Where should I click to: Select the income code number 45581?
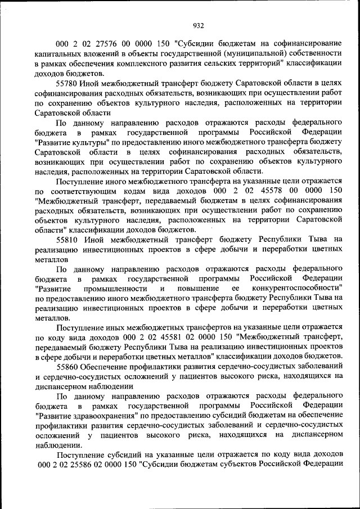tap(171, 336)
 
